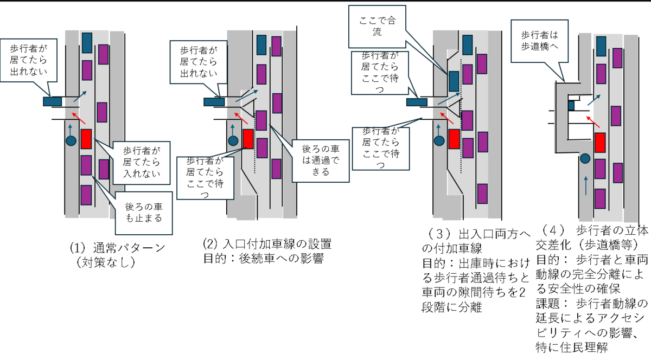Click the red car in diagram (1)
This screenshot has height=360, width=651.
(86, 139)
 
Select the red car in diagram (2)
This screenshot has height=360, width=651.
(248, 139)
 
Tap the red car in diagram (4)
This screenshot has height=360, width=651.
(600, 142)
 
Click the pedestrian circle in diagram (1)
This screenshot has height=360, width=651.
(70, 140)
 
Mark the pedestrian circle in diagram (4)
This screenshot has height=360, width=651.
(585, 159)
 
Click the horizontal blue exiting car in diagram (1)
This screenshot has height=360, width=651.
(52, 101)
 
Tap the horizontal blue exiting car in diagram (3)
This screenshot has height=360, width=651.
(416, 101)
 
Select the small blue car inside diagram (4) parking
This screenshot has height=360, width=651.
(571, 106)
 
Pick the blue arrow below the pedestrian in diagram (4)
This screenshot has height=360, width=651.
(586, 184)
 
